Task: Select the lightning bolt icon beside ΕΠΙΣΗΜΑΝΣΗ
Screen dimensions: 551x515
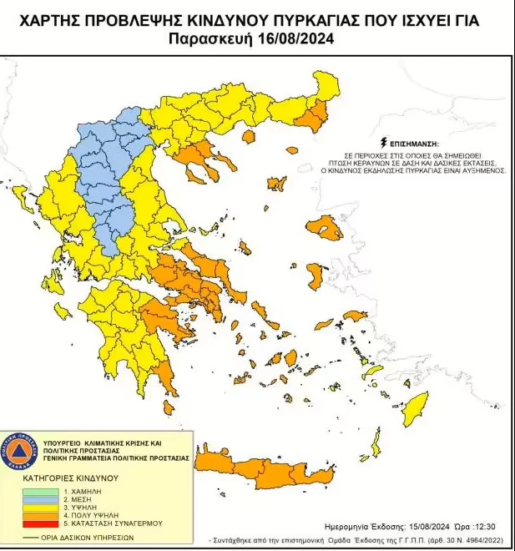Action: pos(383,143)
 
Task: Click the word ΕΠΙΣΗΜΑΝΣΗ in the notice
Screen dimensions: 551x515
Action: pos(409,143)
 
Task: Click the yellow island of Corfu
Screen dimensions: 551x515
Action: pos(19,198)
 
